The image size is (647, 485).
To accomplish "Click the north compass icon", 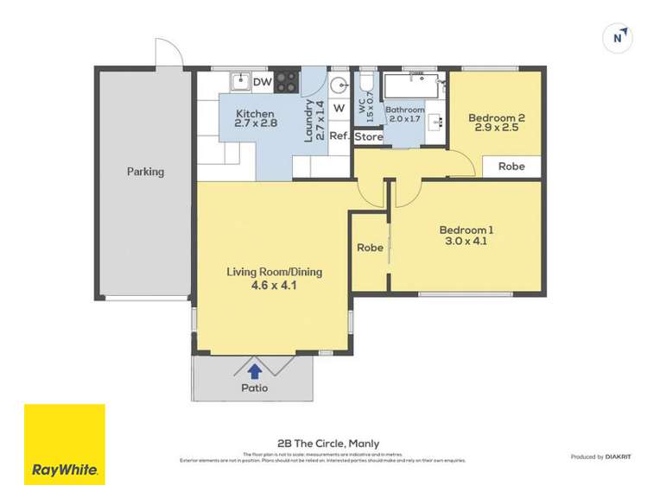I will [618, 37].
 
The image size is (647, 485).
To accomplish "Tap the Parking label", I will [145, 172].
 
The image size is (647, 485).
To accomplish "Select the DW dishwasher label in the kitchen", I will [263, 83].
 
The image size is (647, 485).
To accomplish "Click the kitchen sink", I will [239, 83].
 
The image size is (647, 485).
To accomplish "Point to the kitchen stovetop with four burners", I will [287, 83].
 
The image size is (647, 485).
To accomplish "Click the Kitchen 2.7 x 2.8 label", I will [257, 119].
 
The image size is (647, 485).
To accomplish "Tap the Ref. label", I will [339, 136].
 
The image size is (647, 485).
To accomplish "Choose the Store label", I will [369, 136].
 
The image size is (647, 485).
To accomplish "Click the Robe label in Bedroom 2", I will [511, 167].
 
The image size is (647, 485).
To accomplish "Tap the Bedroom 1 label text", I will [466, 230].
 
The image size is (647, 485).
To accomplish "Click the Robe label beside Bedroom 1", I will [370, 248].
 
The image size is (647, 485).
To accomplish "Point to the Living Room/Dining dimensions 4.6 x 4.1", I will [274, 285].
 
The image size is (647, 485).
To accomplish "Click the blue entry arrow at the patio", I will [255, 371].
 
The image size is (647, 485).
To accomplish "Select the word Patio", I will [254, 388].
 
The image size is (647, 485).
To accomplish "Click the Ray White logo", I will [65, 444].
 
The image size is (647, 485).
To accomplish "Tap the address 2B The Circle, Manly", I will [323, 444].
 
